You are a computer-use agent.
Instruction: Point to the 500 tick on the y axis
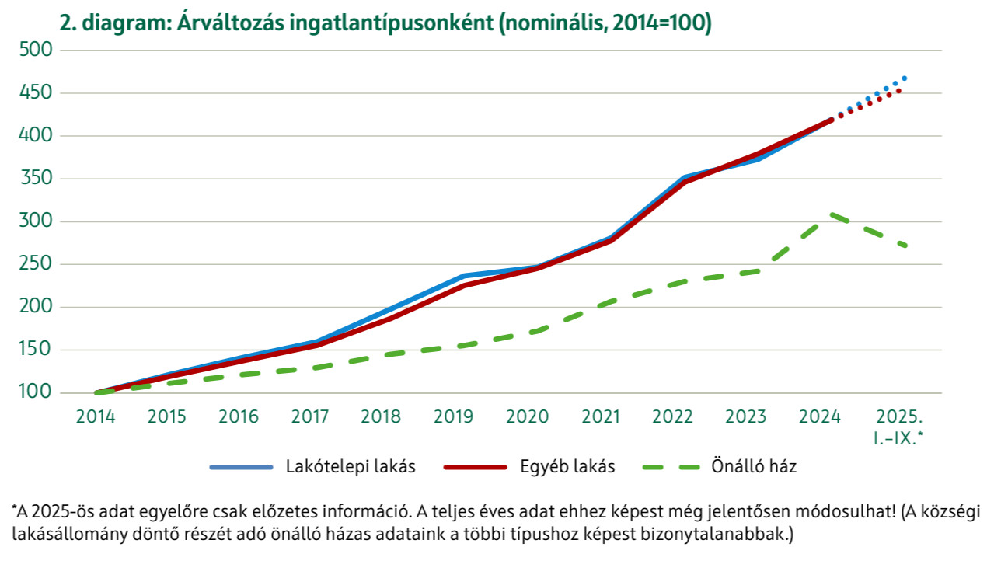pos(35,51)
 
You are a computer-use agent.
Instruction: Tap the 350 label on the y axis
pos(35,179)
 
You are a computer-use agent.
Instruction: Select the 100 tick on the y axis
pos(35,392)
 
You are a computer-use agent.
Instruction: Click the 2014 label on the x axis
pos(96,416)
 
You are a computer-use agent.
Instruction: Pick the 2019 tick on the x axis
pos(453,416)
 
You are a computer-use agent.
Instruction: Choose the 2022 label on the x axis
pos(673,416)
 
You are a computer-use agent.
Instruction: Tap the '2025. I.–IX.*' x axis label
pos(898,427)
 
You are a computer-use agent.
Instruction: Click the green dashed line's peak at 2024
pos(831,214)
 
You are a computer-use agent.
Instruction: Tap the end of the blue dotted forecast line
pos(905,78)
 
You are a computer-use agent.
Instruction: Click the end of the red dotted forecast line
pos(899,91)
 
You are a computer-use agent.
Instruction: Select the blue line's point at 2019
pos(464,276)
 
